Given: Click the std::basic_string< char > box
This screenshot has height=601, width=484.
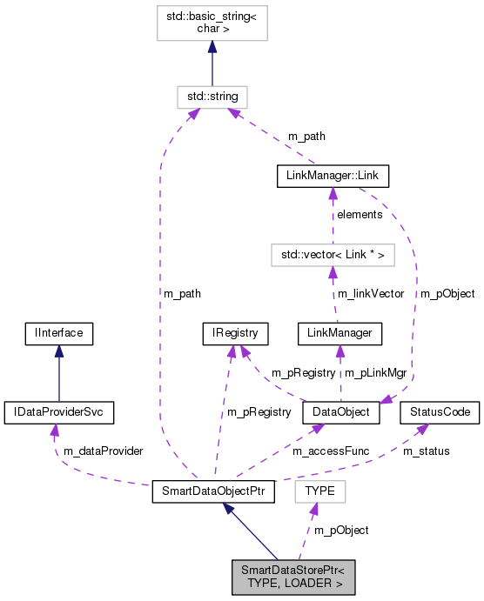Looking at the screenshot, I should click(x=212, y=23).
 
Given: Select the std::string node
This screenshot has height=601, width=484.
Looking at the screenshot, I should click(x=212, y=95).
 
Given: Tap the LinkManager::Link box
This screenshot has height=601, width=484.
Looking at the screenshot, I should click(x=332, y=177).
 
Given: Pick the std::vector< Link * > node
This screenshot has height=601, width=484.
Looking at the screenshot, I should click(x=331, y=255).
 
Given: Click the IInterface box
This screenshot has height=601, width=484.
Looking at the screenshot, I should click(x=58, y=332).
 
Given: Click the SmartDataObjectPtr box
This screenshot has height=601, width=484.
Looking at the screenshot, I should click(x=213, y=491).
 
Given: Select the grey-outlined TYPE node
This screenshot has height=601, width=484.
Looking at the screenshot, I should click(x=320, y=491).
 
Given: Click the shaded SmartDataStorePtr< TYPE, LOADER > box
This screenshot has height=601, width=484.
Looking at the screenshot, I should click(x=293, y=578).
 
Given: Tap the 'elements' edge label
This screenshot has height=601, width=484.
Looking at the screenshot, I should click(x=360, y=214).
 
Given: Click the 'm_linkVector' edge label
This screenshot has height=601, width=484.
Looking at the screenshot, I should click(x=371, y=294).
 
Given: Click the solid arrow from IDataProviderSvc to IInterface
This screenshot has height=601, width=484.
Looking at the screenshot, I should click(x=58, y=372).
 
